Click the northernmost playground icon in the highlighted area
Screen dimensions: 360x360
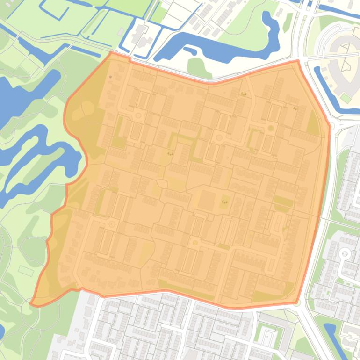(243, 94)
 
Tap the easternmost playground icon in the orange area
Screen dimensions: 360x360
(295, 108)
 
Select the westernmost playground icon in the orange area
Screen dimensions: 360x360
(171, 153)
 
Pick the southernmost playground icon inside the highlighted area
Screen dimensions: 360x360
(224, 202)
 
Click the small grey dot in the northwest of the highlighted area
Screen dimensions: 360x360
(110, 77)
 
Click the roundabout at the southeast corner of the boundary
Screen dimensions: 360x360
(297, 303)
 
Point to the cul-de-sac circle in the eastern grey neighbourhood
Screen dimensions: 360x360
(345, 254)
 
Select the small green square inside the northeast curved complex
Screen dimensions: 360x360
(346, 98)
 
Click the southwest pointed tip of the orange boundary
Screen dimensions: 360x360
(31, 303)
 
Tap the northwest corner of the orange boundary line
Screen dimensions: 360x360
(111, 52)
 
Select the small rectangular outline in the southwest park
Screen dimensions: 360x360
(26, 270)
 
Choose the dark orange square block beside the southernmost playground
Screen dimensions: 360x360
(207, 200)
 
